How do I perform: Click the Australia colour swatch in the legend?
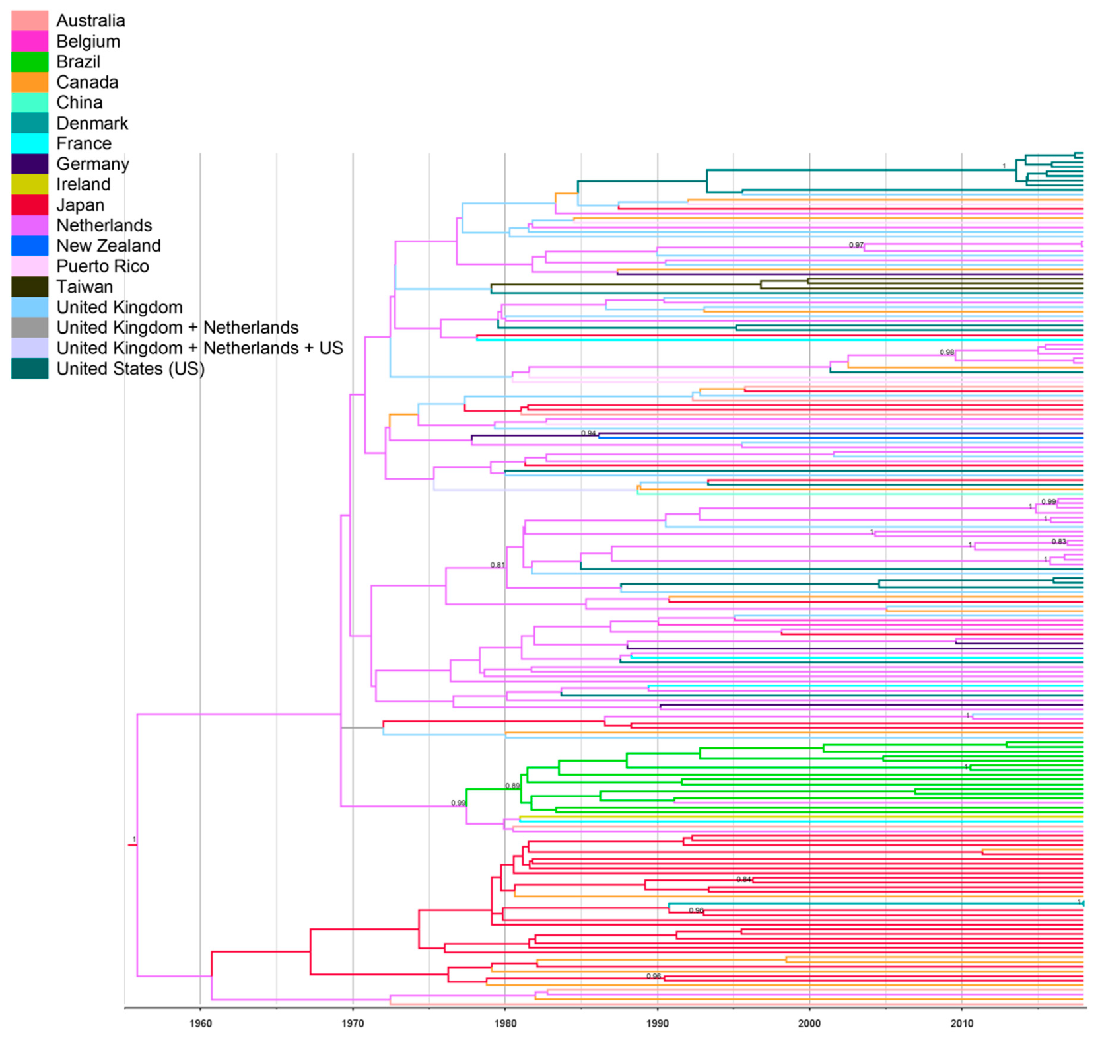pyautogui.click(x=30, y=20)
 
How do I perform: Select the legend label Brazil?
pyautogui.click(x=78, y=61)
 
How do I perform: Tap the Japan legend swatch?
pyautogui.click(x=30, y=205)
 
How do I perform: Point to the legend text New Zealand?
pyautogui.click(x=108, y=246)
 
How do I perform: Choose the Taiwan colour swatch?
pyautogui.click(x=30, y=287)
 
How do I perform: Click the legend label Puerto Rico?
pyautogui.click(x=102, y=266)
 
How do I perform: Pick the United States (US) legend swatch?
pyautogui.click(x=30, y=369)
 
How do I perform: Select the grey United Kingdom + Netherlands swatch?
pyautogui.click(x=30, y=328)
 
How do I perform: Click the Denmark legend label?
pyautogui.click(x=92, y=123)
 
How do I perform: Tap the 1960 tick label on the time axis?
pyautogui.click(x=201, y=1023)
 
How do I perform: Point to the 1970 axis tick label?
pyautogui.click(x=353, y=1023)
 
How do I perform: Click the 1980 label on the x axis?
pyautogui.click(x=505, y=1023)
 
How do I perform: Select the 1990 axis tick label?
pyautogui.click(x=658, y=1023)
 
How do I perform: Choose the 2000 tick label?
pyautogui.click(x=809, y=1023)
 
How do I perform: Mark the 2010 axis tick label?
pyautogui.click(x=962, y=1023)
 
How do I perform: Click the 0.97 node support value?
pyautogui.click(x=856, y=245)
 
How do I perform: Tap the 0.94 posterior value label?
pyautogui.click(x=588, y=433)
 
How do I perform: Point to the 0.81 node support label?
pyautogui.click(x=497, y=565)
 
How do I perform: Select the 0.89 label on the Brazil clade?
pyautogui.click(x=512, y=786)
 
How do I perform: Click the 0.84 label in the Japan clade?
pyautogui.click(x=743, y=879)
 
